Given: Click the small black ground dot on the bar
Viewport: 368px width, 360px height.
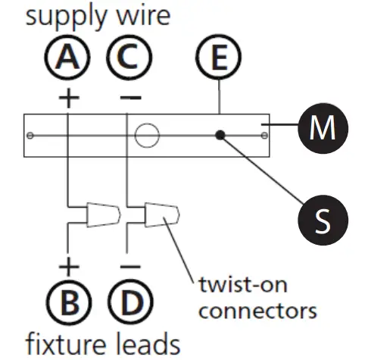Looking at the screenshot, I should (220, 136).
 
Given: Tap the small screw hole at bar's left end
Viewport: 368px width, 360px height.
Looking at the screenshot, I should (30, 136).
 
